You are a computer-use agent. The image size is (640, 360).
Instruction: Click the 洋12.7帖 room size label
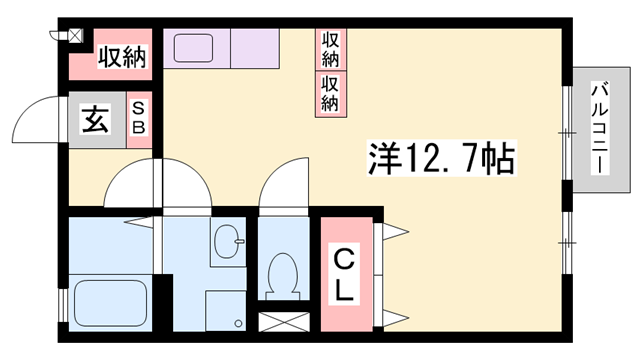(x=442, y=158)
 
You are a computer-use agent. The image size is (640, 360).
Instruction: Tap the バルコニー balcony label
(x=600, y=129)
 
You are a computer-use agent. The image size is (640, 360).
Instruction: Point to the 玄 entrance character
(x=96, y=120)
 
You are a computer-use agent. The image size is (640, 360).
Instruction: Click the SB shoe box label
(x=139, y=118)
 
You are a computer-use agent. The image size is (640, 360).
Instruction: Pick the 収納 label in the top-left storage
(x=122, y=56)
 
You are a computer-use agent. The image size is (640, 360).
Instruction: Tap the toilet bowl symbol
(x=283, y=274)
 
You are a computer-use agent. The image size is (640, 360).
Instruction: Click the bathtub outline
(x=110, y=302)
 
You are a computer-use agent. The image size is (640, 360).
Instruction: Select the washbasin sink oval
(x=227, y=242)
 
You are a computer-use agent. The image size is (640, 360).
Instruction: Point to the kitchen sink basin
(x=193, y=48)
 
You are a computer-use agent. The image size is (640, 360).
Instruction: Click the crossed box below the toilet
(x=284, y=322)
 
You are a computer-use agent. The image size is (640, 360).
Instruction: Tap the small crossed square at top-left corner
(x=75, y=36)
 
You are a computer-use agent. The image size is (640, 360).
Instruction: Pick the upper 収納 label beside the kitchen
(x=331, y=49)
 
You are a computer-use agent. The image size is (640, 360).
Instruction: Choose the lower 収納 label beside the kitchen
(x=330, y=94)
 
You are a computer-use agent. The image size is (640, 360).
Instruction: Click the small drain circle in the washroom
(x=238, y=324)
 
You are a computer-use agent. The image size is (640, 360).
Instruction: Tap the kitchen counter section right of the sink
(x=255, y=48)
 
